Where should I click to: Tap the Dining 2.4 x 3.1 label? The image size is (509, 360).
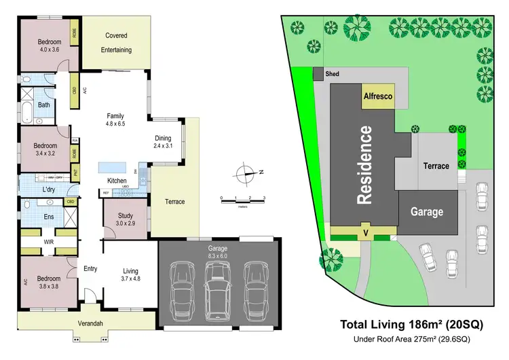point(163,141)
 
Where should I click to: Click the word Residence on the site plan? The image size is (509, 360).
point(364,165)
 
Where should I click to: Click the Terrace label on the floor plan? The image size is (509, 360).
point(174,202)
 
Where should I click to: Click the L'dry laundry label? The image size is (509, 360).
point(49,190)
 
